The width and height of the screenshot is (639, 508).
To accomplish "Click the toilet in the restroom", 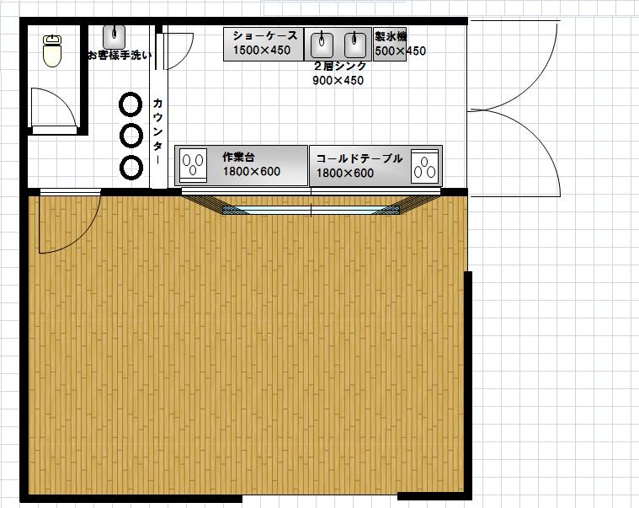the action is (52, 51).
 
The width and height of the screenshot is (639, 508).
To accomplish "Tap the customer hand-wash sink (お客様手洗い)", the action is (114, 37).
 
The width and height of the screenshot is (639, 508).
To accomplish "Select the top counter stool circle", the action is (130, 104).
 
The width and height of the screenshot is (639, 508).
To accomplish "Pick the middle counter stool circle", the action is (130, 135).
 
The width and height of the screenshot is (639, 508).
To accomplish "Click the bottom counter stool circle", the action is (131, 167).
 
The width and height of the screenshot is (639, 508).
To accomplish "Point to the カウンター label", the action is (157, 131).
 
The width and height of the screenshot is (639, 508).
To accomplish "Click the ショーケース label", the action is (265, 36).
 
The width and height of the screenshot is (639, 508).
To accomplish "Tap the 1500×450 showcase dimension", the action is (262, 51).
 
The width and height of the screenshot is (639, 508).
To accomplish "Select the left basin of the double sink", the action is (322, 44).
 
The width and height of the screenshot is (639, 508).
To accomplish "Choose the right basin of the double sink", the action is (355, 44).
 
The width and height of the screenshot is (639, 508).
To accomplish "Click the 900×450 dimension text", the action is (338, 80).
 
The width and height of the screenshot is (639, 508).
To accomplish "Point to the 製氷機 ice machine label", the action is (391, 37).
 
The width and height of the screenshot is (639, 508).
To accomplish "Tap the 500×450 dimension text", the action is (400, 51).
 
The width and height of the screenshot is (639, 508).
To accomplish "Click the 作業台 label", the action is (238, 157).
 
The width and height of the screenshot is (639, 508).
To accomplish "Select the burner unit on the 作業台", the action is (193, 165).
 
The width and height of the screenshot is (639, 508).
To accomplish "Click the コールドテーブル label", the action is (359, 158).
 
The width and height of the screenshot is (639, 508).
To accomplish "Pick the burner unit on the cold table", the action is (424, 167).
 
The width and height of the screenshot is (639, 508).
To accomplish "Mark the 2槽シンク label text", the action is (340, 66).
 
